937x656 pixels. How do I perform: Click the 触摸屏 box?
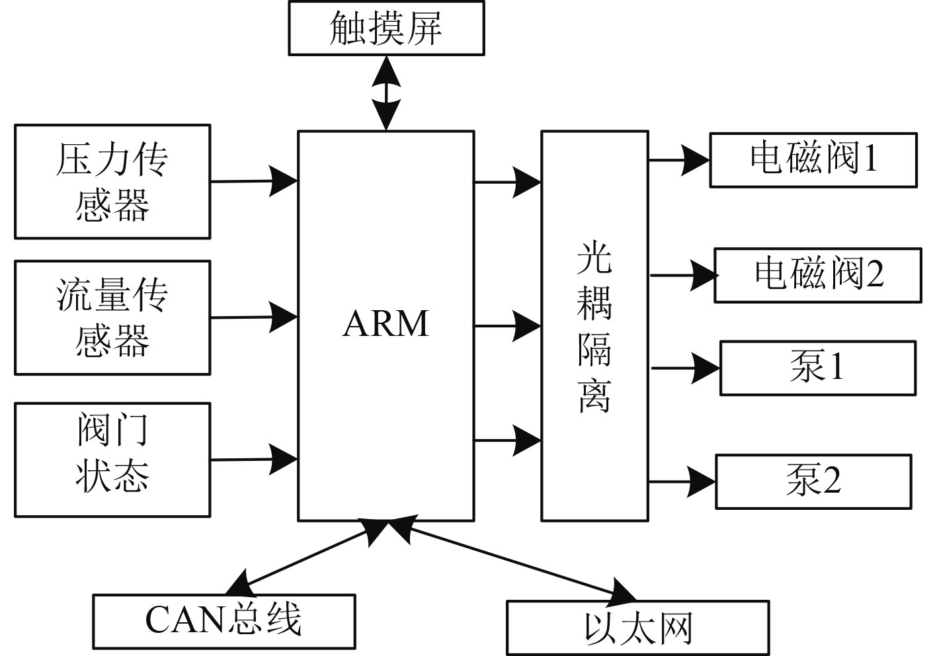[386, 28]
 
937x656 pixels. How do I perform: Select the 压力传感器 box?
[112, 181]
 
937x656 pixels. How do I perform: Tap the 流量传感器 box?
[112, 317]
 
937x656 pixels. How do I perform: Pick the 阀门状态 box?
[112, 460]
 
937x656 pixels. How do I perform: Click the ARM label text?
[386, 323]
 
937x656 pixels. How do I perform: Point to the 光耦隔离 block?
[594, 325]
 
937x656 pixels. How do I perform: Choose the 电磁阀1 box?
[813, 160]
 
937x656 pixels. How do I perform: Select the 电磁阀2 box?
[818, 275]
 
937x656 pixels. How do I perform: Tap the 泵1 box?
[818, 368]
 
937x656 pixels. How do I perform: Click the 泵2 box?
[813, 481]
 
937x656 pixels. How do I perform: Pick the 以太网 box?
[637, 628]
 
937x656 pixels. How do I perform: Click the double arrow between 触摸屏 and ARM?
[386, 93]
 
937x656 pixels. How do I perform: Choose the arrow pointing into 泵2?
[682, 481]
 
